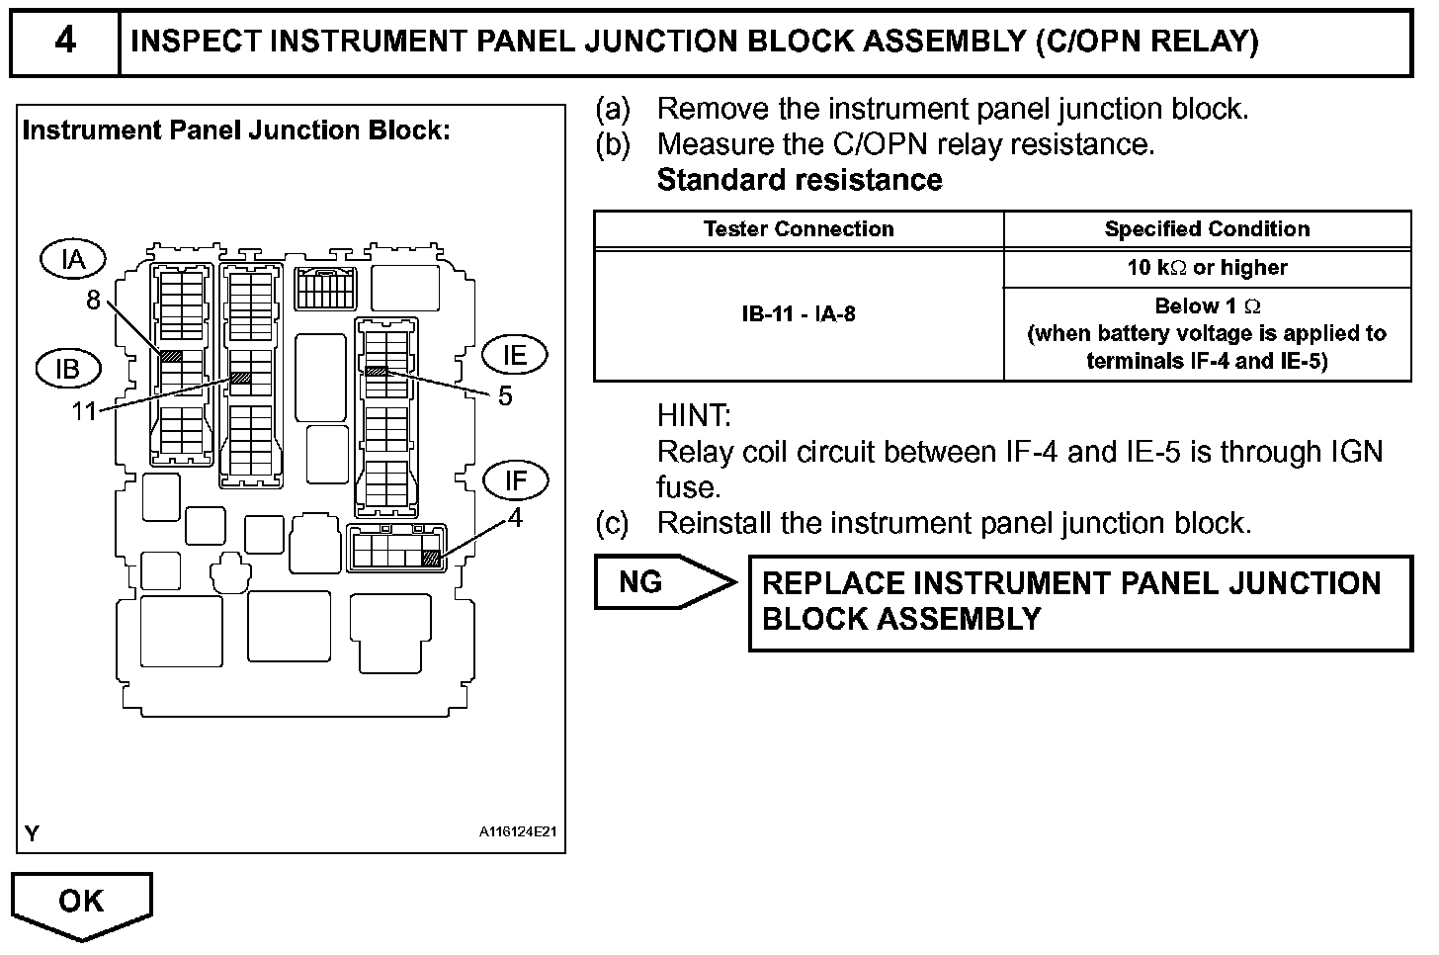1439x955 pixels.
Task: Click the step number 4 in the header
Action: [x=64, y=42]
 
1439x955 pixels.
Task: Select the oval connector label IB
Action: [x=67, y=369]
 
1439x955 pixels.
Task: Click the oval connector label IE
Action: [x=514, y=355]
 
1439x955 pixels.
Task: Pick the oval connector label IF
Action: [x=515, y=480]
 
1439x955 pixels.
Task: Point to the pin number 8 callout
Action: [x=93, y=300]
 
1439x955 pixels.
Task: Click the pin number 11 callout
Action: [x=84, y=410]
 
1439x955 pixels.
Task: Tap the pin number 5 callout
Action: [x=505, y=396]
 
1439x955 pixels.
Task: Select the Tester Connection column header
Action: [x=798, y=229]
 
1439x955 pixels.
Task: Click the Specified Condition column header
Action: [x=1207, y=229]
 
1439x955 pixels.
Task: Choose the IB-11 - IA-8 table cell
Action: [x=798, y=314]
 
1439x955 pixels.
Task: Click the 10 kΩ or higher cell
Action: [x=1207, y=268]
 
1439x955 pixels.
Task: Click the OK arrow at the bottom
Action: [x=81, y=902]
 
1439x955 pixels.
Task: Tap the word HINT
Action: [x=694, y=415]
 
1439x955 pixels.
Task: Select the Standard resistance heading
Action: [x=800, y=180]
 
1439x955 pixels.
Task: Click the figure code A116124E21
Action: [x=518, y=832]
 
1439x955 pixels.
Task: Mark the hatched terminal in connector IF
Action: [x=430, y=559]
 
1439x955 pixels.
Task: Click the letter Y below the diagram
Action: [x=32, y=834]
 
